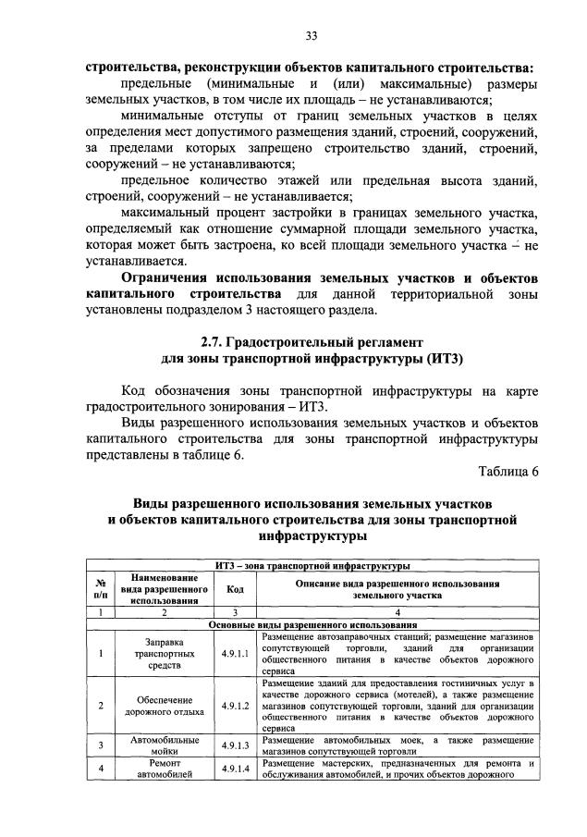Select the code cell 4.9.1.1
click(x=235, y=654)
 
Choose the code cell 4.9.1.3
click(x=235, y=745)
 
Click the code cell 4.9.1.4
click(x=235, y=770)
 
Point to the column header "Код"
click(x=235, y=588)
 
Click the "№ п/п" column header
click(x=101, y=588)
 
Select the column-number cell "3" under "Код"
click(x=235, y=611)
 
